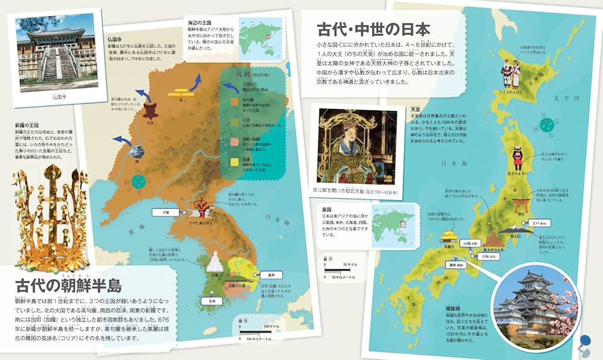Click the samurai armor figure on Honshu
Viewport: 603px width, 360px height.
click(x=517, y=157)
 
